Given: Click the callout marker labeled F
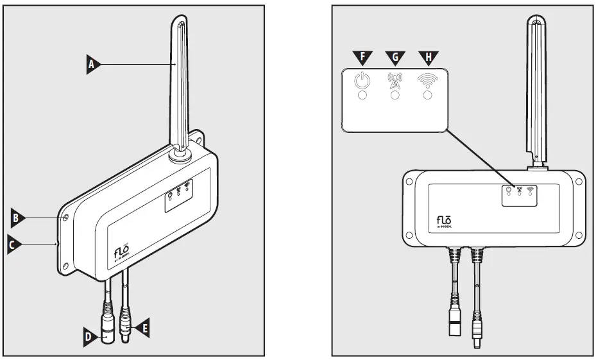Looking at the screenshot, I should click(x=363, y=58).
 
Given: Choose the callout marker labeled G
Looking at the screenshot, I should click(x=395, y=58).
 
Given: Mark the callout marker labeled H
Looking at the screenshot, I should click(x=427, y=58).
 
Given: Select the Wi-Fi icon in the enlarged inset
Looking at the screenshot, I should click(x=427, y=80).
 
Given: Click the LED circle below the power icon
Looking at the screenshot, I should click(x=363, y=96).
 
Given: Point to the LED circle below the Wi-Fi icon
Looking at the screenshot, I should click(x=427, y=96).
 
